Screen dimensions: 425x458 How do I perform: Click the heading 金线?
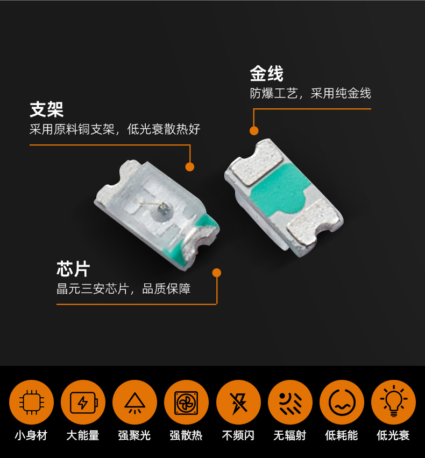click(267, 74)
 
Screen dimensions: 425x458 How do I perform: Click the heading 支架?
click(46, 109)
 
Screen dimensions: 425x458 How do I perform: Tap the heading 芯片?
click(73, 269)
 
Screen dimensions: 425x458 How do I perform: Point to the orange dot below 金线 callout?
click(254, 131)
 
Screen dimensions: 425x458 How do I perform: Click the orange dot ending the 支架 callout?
click(189, 167)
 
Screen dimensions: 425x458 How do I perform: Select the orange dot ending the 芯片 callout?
click(216, 273)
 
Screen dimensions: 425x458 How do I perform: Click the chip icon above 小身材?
click(32, 402)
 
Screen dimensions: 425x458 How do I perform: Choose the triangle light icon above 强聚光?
click(135, 402)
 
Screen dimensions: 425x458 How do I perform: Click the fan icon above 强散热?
click(186, 402)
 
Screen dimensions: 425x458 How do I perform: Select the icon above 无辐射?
click(290, 402)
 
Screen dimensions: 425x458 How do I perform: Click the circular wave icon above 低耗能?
click(342, 402)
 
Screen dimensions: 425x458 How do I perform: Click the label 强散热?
click(186, 435)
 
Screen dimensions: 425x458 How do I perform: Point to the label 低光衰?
click(393, 435)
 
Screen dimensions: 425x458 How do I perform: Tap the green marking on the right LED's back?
click(278, 190)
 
